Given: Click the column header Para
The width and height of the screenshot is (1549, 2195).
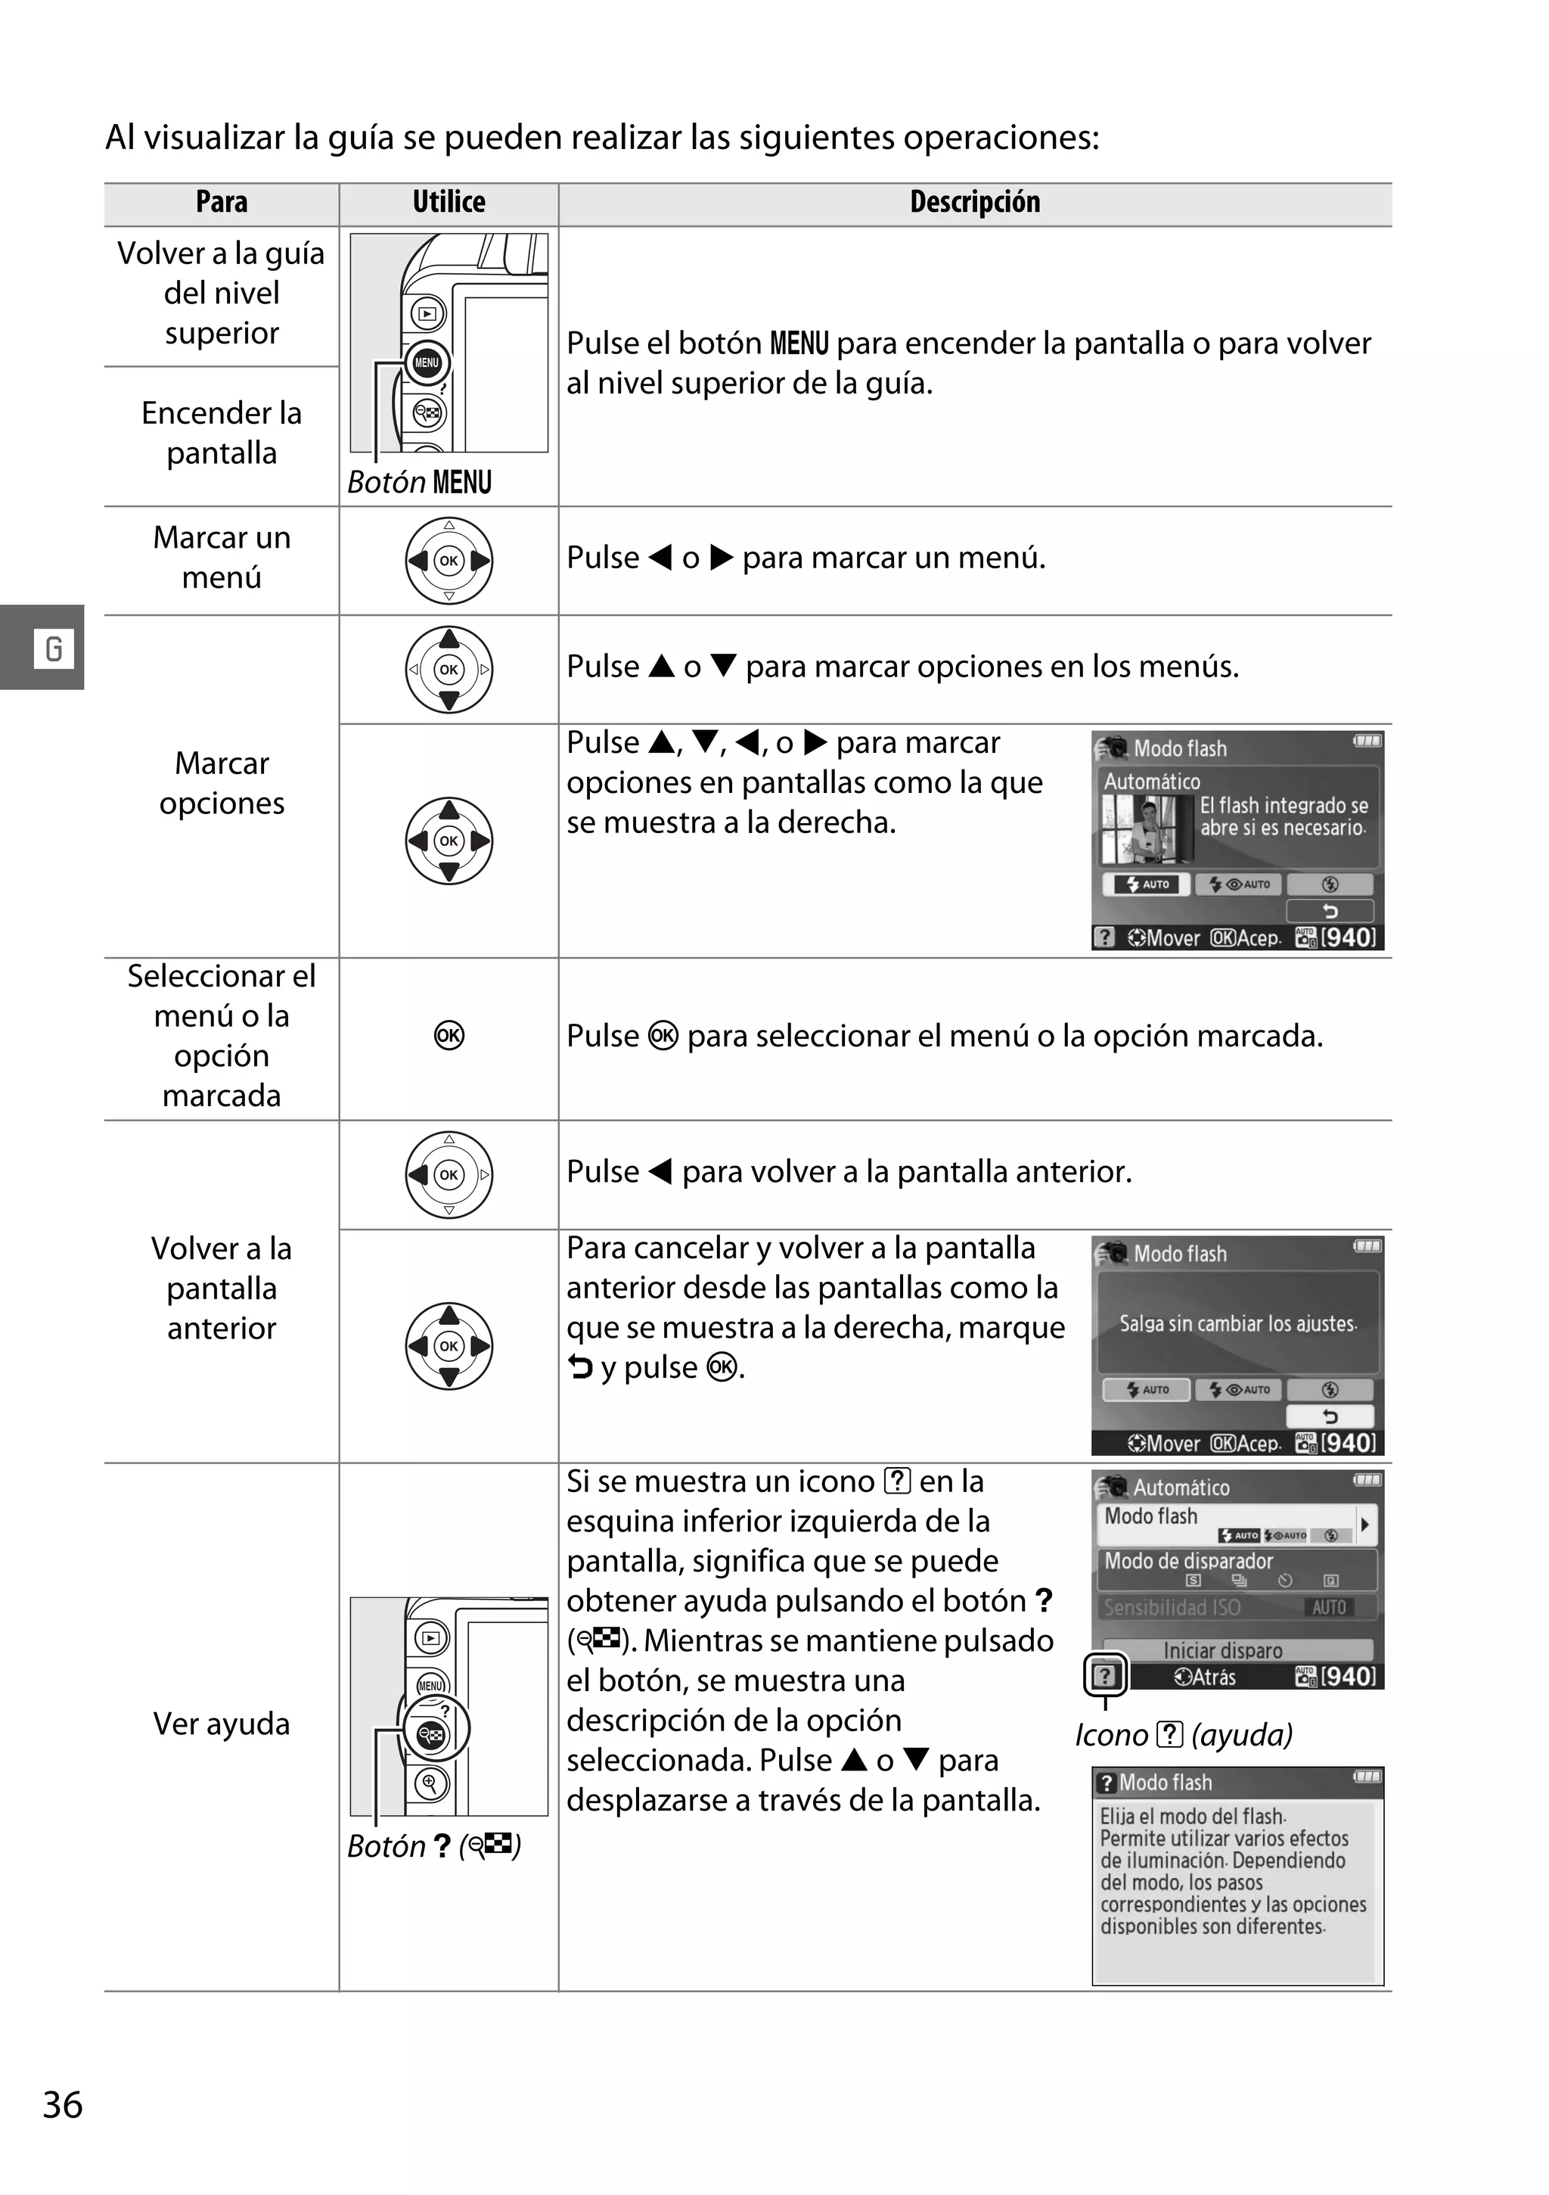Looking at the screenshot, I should (222, 203).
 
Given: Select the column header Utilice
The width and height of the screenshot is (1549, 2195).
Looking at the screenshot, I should (449, 203).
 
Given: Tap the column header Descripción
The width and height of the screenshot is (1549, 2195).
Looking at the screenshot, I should (975, 203).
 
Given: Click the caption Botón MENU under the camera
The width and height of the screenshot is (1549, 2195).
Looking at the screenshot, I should (421, 482).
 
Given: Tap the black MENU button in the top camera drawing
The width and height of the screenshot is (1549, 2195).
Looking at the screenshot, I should (426, 362).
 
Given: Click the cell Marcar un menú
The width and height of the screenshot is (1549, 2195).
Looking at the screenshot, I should (222, 558).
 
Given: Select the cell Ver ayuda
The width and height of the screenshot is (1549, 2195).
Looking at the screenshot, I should (222, 1724).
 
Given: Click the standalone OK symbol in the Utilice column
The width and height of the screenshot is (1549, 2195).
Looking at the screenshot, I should (449, 1037).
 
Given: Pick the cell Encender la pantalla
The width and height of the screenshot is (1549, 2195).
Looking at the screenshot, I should (222, 433).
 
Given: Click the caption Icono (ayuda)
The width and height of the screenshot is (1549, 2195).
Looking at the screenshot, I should (1183, 1735).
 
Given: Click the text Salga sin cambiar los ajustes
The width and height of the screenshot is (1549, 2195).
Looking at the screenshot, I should (1237, 1324).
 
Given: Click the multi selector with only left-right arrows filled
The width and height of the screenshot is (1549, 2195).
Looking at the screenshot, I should (449, 560).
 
